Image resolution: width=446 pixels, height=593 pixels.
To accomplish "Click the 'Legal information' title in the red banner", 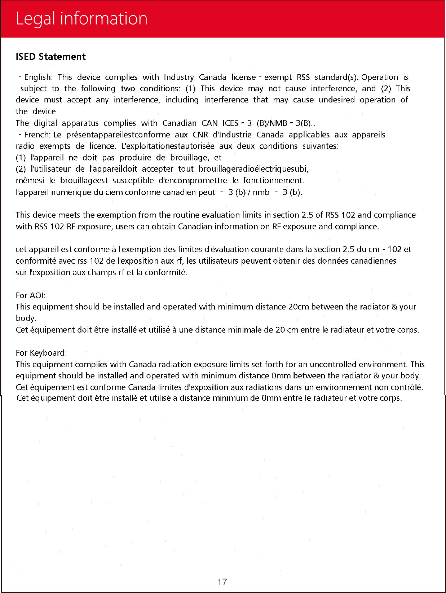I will click(x=81, y=19).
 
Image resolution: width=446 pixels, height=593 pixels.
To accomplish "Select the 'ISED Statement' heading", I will click(x=51, y=57).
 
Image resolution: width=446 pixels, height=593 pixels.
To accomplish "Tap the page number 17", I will click(x=222, y=582).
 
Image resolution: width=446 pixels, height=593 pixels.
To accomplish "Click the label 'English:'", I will click(x=38, y=77).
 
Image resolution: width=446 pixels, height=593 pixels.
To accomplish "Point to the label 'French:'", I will click(x=37, y=135).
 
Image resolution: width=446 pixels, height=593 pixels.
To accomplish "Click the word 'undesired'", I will click(x=336, y=100).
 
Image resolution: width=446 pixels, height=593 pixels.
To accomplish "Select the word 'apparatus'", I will click(x=80, y=123).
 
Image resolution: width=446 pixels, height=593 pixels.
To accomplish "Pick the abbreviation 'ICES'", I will click(x=230, y=123).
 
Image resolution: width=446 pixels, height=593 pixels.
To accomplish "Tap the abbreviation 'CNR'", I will click(x=200, y=135).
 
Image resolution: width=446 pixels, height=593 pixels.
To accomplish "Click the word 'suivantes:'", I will click(x=321, y=146).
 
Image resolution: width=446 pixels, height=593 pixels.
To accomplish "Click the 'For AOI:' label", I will click(x=31, y=295).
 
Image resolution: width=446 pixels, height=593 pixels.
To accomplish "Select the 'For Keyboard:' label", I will click(x=41, y=353).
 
